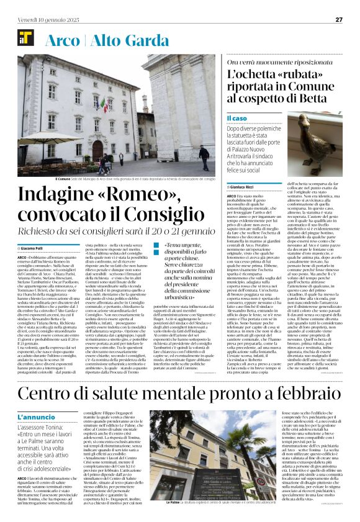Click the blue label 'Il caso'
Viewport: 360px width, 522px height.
point(236,117)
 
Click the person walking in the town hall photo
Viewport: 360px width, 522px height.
point(204,156)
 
